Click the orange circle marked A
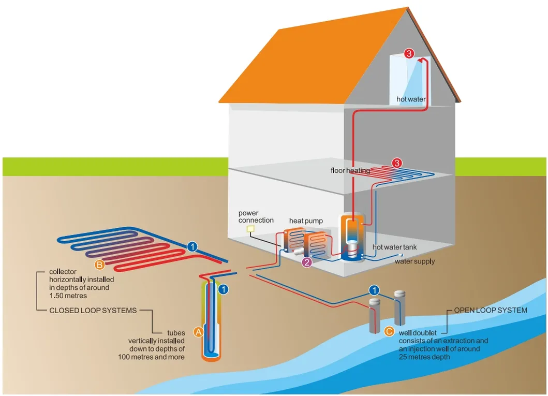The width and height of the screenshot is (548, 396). tap(198, 332)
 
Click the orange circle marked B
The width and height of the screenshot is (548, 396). tap(100, 265)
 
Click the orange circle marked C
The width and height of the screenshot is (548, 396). tap(390, 331)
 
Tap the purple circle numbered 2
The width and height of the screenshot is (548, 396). tap(307, 262)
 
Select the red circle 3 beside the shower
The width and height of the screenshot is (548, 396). tap(409, 53)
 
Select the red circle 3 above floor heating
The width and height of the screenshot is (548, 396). tap(397, 163)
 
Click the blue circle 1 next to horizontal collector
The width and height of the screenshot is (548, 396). tap(192, 247)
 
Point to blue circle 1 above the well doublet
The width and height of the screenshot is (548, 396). tap(374, 290)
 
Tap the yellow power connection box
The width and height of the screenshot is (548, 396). tap(251, 229)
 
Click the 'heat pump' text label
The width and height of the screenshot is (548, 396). tap(306, 221)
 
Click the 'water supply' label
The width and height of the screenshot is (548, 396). tap(414, 261)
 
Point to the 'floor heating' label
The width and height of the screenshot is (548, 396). tap(350, 170)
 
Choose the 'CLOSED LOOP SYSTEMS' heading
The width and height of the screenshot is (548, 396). tap(93, 311)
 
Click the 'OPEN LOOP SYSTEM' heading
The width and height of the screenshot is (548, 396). tap(491, 310)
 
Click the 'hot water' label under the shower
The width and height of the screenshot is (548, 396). tap(411, 99)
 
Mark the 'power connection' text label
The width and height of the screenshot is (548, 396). tap(256, 216)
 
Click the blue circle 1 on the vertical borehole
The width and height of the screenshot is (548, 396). tap(223, 289)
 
